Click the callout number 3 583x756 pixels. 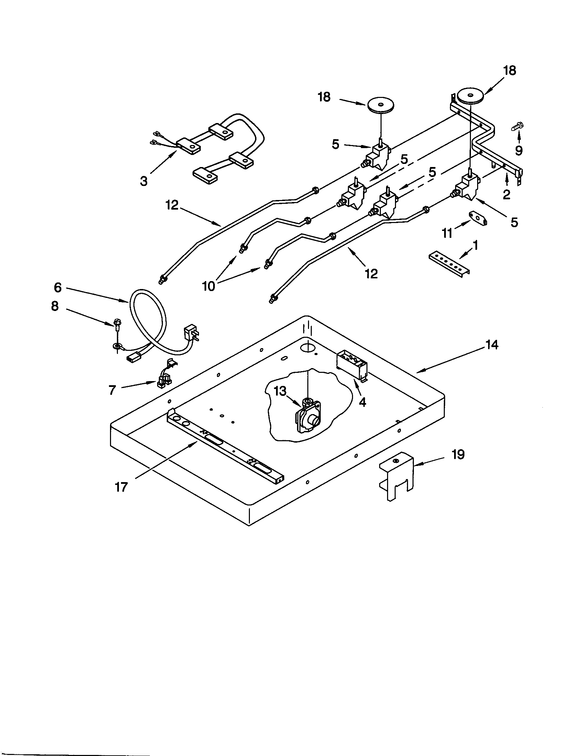click(144, 180)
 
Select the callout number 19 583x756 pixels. click(458, 455)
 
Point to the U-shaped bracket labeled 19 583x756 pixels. click(397, 478)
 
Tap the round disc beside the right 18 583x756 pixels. click(470, 95)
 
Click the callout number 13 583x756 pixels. click(280, 391)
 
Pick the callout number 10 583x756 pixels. click(209, 286)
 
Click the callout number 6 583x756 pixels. click(57, 287)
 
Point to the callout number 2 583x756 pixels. click(506, 194)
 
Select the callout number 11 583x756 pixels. click(447, 234)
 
